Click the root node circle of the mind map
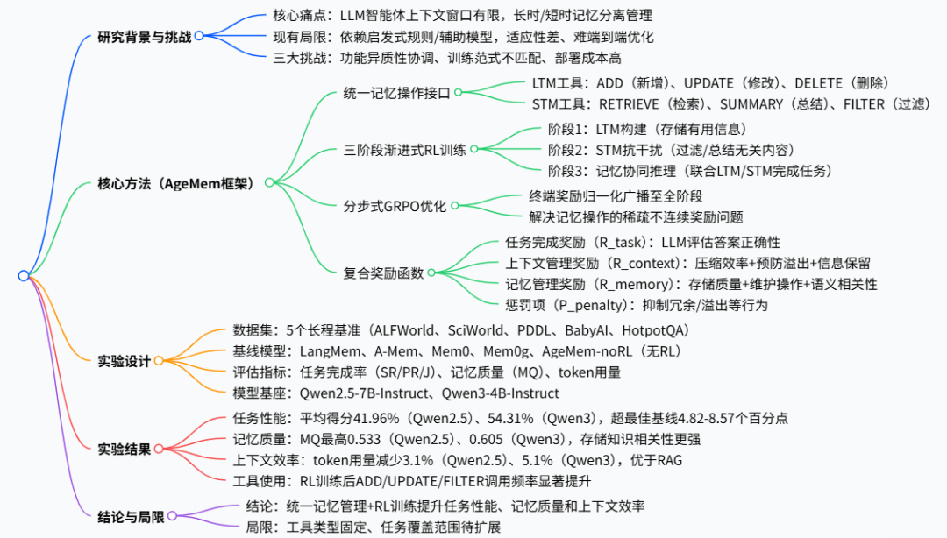click(24, 275)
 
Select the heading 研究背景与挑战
click(145, 36)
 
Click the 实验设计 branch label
click(125, 360)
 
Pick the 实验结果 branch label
click(125, 449)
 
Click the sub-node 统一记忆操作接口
click(396, 92)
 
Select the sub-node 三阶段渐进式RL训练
click(404, 148)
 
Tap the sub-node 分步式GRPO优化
click(395, 206)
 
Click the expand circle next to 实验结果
click(159, 449)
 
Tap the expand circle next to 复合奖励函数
click(431, 273)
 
